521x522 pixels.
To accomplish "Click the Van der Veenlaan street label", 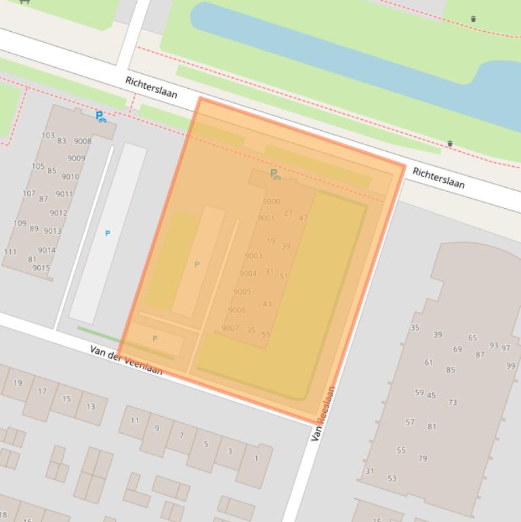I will (x=126, y=359).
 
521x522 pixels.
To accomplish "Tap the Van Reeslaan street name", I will (x=323, y=414).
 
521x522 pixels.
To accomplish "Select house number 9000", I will (x=271, y=201).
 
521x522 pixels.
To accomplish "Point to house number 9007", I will (x=230, y=328).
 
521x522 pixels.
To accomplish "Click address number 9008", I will (x=83, y=142).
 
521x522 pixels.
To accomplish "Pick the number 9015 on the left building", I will (x=41, y=268).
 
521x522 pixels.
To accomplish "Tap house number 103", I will (x=47, y=136).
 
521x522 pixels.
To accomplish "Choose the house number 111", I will (x=10, y=252).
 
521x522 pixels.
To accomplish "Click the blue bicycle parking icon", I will (x=100, y=117).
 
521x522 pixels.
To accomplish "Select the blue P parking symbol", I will (x=107, y=233).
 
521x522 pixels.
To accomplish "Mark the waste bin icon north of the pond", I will (x=473, y=18).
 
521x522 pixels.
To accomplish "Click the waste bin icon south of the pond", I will (x=450, y=143).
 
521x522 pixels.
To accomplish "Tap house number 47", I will (x=303, y=218).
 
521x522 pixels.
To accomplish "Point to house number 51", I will (x=284, y=276).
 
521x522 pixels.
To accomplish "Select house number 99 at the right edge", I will (x=510, y=366).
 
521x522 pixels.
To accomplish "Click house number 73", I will (x=452, y=403).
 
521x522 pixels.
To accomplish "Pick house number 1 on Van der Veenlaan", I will (x=256, y=459).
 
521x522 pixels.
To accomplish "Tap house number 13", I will (x=90, y=407).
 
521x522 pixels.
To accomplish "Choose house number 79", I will (x=423, y=459).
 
